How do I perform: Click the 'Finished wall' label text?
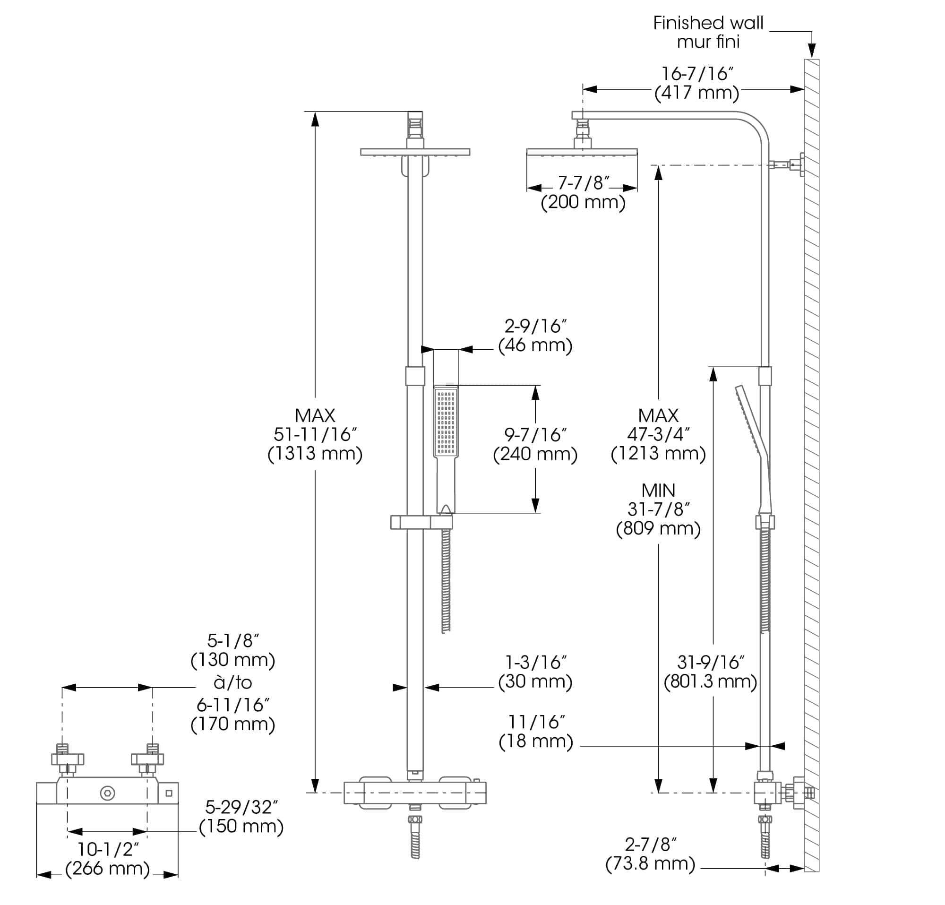(x=708, y=23)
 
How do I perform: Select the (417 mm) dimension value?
(x=696, y=93)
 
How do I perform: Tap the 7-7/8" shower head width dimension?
(x=584, y=183)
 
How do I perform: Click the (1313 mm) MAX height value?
(x=315, y=454)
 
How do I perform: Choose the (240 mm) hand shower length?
(x=535, y=454)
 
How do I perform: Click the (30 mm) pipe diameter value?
(x=535, y=681)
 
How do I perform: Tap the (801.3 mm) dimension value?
(x=710, y=681)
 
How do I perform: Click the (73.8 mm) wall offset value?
(x=651, y=863)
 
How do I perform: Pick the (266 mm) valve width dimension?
(x=108, y=868)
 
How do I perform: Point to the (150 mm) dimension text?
(x=241, y=827)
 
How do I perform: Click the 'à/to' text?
(x=233, y=682)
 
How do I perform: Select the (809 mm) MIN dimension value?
(x=658, y=528)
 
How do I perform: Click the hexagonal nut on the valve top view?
(x=108, y=793)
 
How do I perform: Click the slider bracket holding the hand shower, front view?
(x=421, y=522)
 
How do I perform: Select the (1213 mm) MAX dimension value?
(x=658, y=454)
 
